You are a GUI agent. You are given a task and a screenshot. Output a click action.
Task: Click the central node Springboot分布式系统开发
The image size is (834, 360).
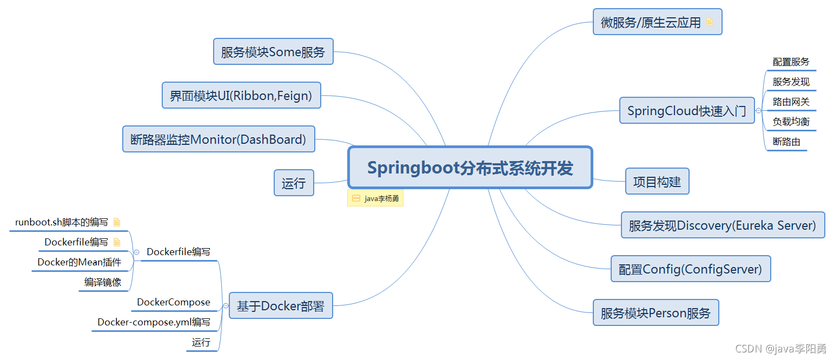[x=470, y=168]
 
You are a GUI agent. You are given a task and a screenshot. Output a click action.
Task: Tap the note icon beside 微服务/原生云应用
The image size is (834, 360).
[x=710, y=22]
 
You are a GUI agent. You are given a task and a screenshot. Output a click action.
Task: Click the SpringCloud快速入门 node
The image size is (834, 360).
[x=686, y=111]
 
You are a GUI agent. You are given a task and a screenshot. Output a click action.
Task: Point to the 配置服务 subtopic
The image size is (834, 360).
[x=791, y=62]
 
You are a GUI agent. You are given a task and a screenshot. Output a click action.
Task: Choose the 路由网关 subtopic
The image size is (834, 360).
[x=791, y=102]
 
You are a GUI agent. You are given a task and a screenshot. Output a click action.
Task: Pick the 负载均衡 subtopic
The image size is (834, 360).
[x=791, y=122]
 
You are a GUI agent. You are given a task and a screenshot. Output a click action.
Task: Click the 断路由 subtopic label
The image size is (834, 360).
[x=786, y=142]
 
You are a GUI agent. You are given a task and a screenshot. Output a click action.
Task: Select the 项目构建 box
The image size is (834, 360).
[x=657, y=182]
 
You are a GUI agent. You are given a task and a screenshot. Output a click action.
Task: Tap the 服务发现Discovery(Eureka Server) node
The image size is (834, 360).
[x=723, y=225]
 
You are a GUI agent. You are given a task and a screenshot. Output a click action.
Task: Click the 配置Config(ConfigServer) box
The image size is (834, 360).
[x=690, y=269]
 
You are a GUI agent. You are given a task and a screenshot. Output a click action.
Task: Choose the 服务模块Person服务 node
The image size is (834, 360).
[x=656, y=313]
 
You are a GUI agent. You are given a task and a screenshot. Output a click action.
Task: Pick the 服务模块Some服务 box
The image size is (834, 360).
[x=273, y=52]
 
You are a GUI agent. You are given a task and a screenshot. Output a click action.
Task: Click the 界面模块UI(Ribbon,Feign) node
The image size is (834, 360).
[x=241, y=96]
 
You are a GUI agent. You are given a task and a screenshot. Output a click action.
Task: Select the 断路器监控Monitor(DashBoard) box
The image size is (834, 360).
[x=219, y=139]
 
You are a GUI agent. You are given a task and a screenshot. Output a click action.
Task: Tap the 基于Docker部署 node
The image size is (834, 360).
[x=280, y=306]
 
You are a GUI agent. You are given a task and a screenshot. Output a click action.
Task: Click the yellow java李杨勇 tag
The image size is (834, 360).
[x=375, y=198]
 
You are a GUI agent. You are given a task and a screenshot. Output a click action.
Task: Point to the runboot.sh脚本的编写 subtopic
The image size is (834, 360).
[x=62, y=222]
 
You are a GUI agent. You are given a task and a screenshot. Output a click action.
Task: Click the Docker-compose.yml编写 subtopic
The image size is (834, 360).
[x=154, y=322]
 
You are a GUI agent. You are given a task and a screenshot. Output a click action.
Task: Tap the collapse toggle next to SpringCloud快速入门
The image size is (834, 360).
[x=758, y=111]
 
